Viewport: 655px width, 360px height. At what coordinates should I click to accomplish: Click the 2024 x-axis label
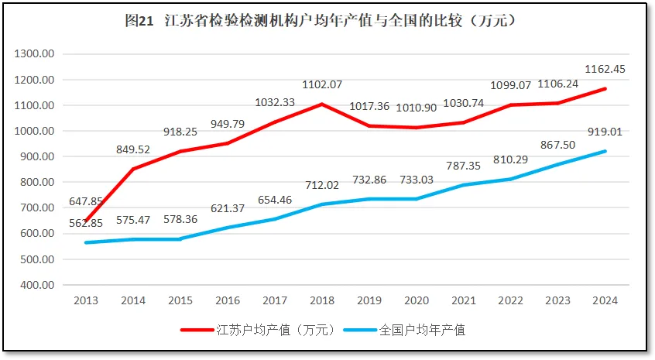(x=605, y=300)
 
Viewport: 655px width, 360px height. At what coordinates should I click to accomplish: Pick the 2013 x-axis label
(x=86, y=300)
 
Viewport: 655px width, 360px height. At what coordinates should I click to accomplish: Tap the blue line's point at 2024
(x=605, y=151)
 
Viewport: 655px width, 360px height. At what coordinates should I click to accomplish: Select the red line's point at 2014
(x=134, y=169)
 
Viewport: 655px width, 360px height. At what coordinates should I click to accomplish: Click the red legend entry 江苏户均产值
(x=258, y=331)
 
